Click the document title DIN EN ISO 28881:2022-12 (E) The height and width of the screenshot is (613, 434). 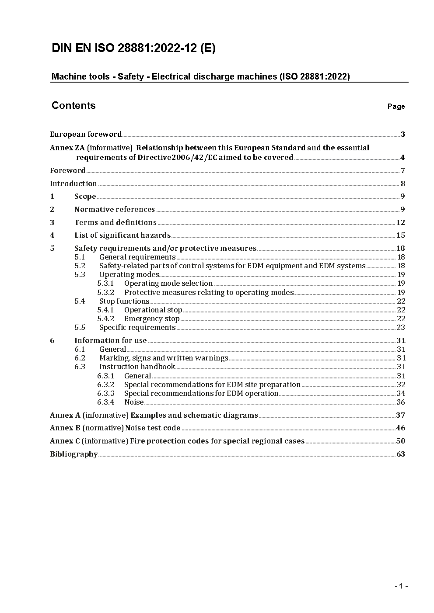pos(133,48)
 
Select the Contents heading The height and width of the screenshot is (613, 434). pos(73,105)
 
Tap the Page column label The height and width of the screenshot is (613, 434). pos(396,107)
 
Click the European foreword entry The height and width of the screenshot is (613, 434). pos(86,134)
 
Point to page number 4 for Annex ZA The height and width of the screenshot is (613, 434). pos(402,158)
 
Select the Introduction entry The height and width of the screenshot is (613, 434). pos(73,184)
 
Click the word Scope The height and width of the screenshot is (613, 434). pos(85,197)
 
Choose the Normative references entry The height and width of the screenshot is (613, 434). pos(115,210)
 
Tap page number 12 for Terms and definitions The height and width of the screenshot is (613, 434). pos(400,222)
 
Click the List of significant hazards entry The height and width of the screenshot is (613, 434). pos(122,236)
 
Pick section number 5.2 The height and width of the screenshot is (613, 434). pos(80,266)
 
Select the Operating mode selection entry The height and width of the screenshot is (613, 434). pos(168,284)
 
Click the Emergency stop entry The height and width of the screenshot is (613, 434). pos(152,319)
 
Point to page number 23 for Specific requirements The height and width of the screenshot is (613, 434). pos(401,328)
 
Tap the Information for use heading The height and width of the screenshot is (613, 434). pos(111,341)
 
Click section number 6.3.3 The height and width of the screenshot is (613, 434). pos(105,394)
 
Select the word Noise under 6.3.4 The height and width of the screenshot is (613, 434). pos(134,402)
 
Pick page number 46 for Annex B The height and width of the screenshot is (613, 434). pos(400,428)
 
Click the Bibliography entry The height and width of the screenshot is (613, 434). pos(74,454)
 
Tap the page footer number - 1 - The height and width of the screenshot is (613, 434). pos(401,586)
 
